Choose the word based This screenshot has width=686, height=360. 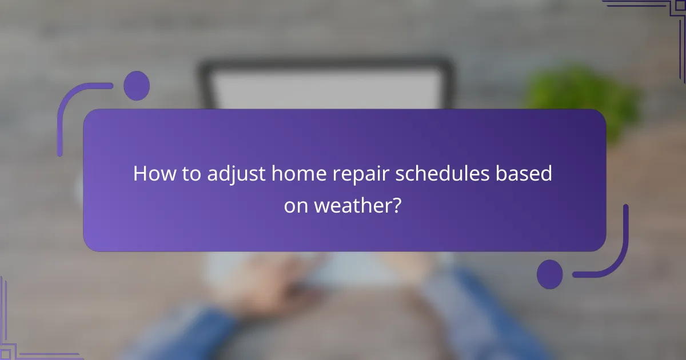[x=527, y=174]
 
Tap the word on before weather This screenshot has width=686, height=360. [x=297, y=206]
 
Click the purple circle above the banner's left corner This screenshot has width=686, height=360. [x=136, y=86]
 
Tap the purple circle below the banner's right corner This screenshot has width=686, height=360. [x=549, y=274]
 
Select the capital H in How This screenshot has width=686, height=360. [x=140, y=174]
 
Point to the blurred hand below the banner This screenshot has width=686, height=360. [x=252, y=286]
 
